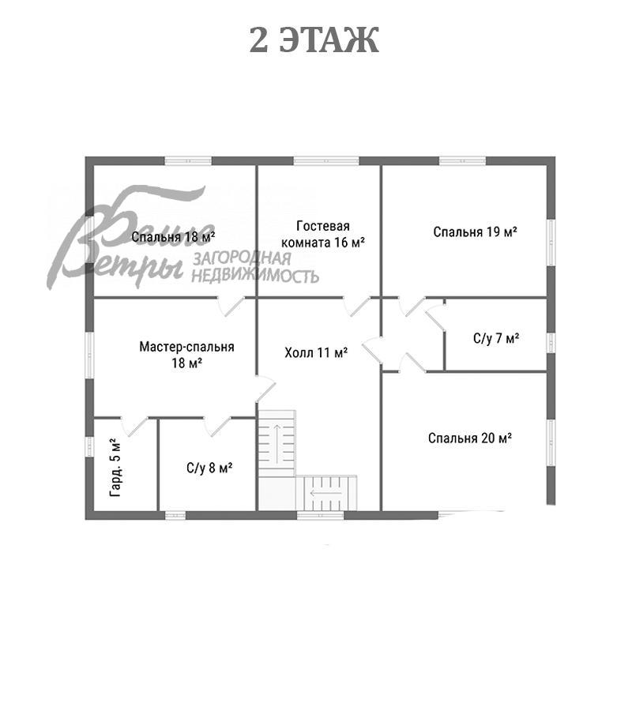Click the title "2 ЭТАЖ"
pos(314,40)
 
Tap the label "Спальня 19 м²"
pos(475,231)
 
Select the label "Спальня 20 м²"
pos(470,438)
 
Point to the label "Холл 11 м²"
pos(316,352)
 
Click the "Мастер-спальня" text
pos(186,347)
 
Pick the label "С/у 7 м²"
pos(496,338)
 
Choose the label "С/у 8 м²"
pos(209,468)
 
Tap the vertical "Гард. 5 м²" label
pos(116,468)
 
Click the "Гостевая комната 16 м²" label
pos(323,234)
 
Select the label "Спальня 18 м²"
pos(173,237)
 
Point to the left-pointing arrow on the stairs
pos(326,493)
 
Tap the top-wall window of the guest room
pos(326,161)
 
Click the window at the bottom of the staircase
pos(320,515)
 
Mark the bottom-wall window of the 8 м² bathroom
pos(175,515)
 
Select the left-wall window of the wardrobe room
pos(90,446)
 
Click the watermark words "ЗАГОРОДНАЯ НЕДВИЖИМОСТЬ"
pos(255,267)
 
